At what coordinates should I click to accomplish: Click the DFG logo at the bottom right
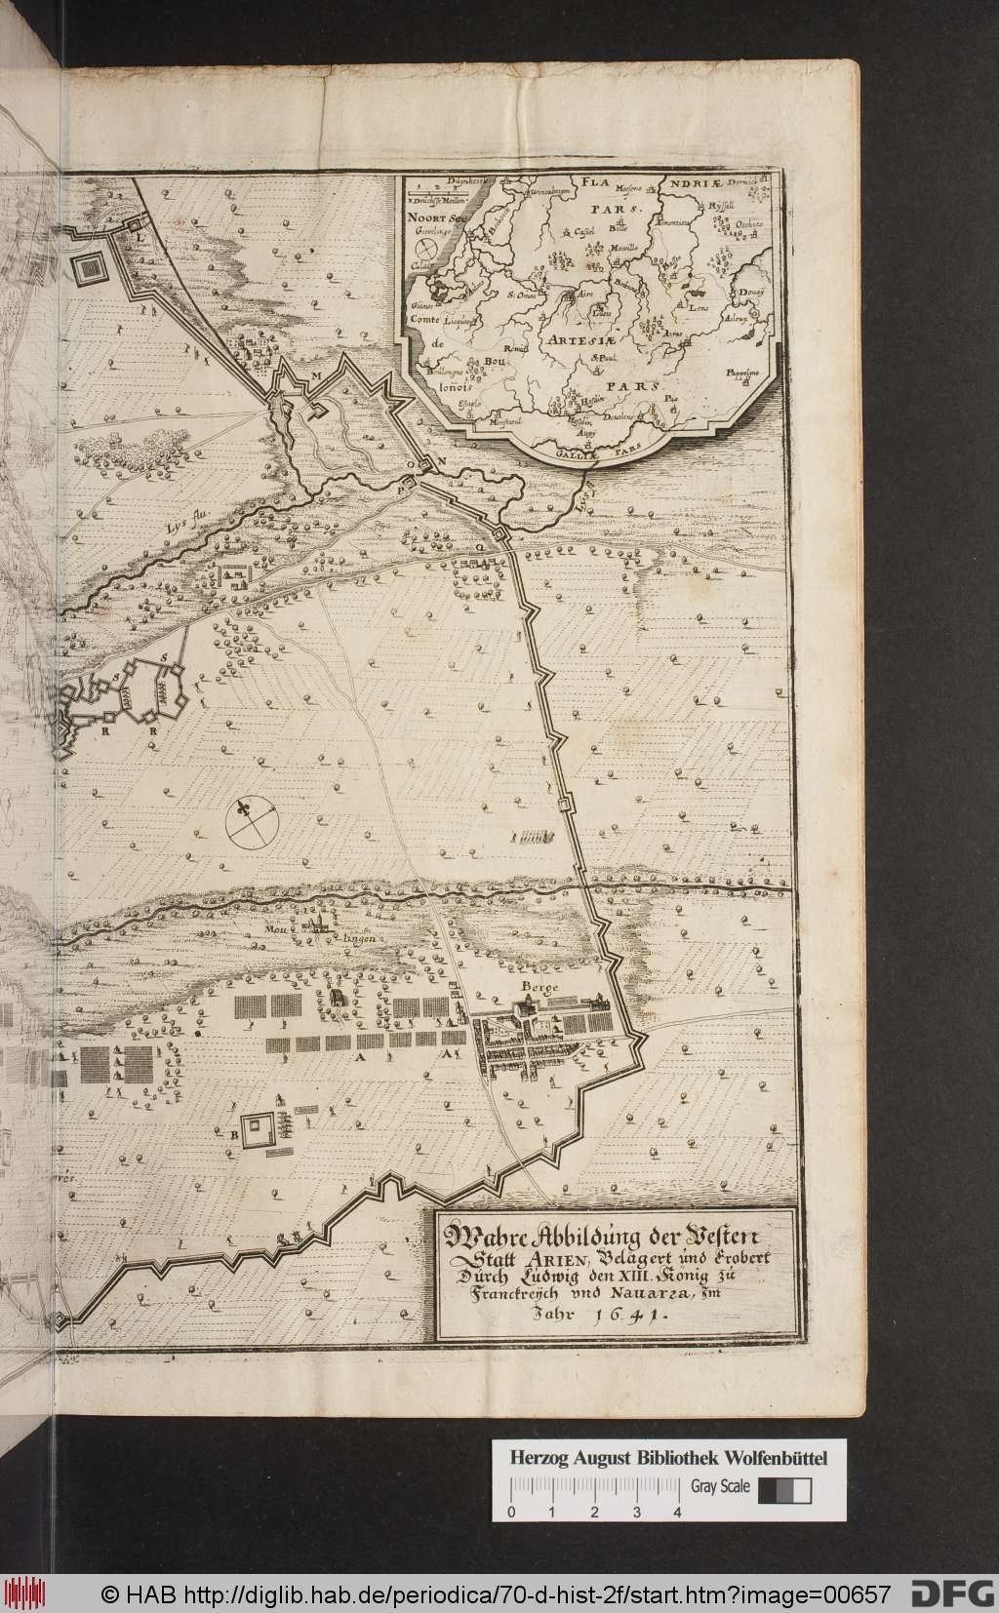click(x=945, y=1593)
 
